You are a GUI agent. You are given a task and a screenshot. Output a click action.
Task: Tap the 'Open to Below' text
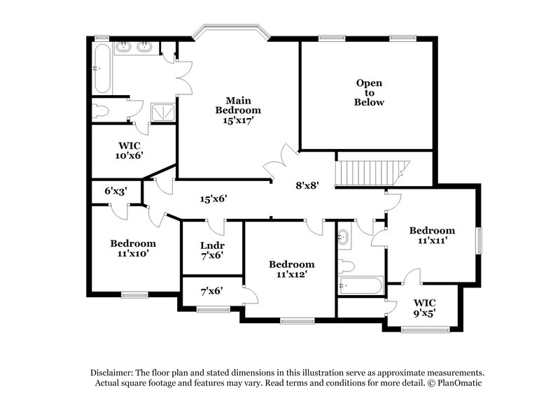(369, 92)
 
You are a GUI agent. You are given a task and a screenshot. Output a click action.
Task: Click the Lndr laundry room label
(211, 251)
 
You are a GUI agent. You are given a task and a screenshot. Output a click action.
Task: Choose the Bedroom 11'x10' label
(132, 248)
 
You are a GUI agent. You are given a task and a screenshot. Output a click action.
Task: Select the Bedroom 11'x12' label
(291, 269)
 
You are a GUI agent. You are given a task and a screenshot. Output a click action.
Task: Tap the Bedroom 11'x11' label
(432, 235)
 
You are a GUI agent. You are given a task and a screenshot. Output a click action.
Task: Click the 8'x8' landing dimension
(307, 186)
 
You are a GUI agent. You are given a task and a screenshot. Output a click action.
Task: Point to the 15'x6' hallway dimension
(213, 199)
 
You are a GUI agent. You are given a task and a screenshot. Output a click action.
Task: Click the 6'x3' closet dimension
(116, 191)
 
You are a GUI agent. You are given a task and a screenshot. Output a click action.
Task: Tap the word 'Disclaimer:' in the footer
(115, 373)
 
